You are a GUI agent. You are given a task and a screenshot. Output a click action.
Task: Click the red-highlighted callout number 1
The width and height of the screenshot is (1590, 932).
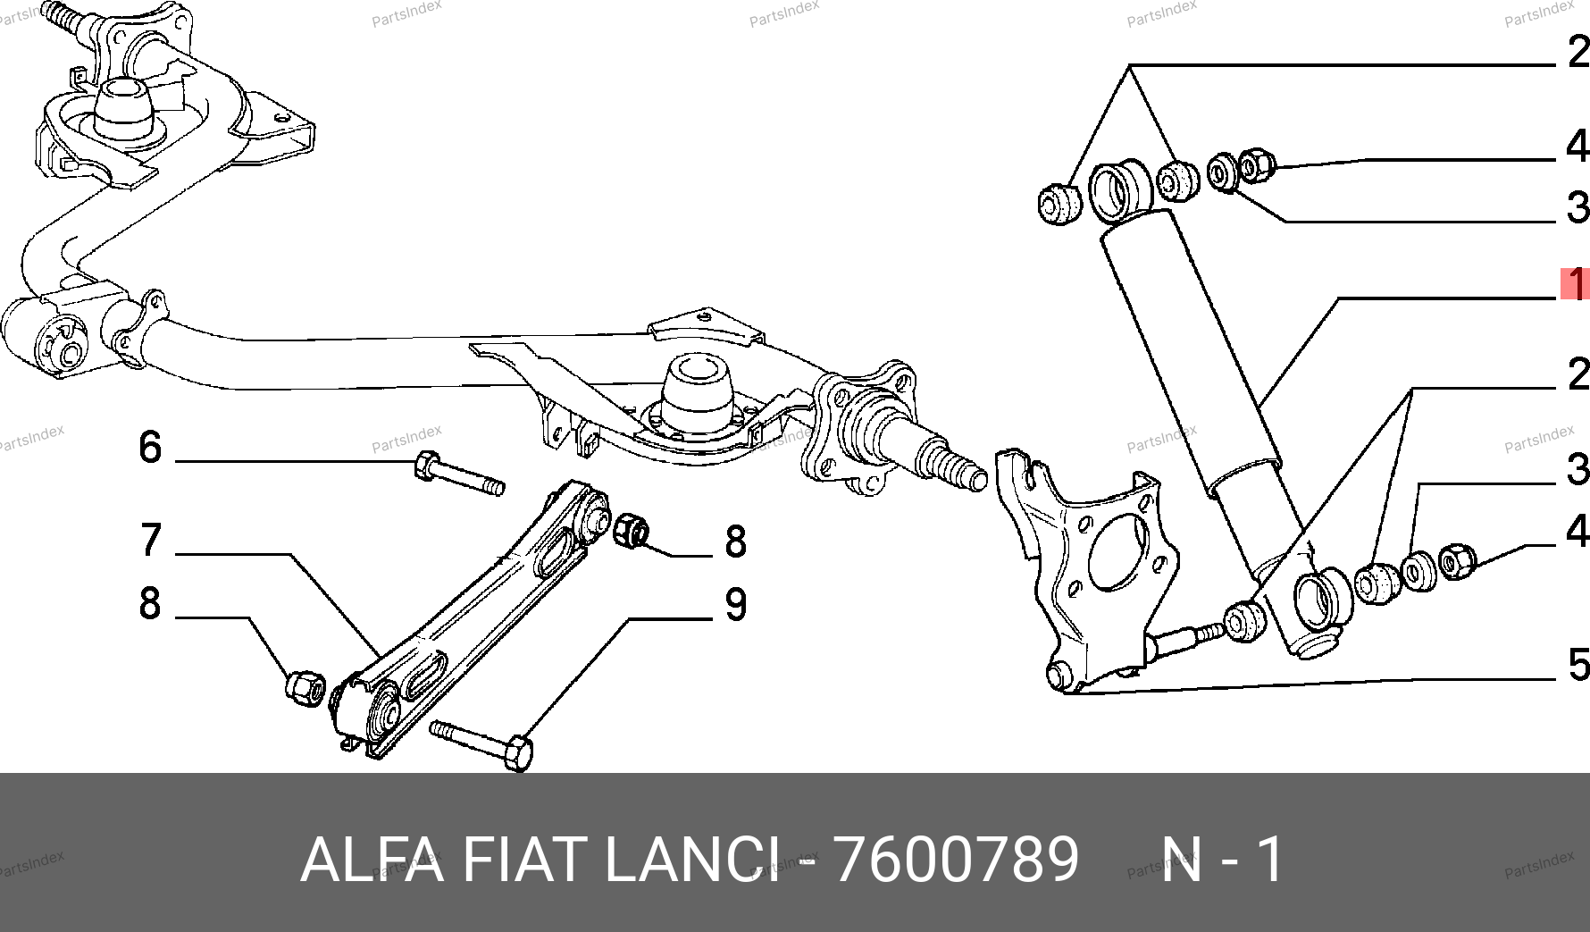pyautogui.click(x=1575, y=283)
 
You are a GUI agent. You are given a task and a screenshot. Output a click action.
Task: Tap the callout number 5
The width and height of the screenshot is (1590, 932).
pyautogui.click(x=1578, y=664)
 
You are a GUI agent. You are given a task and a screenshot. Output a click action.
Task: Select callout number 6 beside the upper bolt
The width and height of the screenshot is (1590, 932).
pyautogui.click(x=150, y=447)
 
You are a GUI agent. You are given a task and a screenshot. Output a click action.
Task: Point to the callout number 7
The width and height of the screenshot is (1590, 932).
pyautogui.click(x=151, y=540)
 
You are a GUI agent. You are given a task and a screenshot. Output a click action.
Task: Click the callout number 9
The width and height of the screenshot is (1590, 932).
pyautogui.click(x=735, y=604)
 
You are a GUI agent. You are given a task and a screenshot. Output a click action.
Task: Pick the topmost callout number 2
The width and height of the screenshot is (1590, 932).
pyautogui.click(x=1578, y=51)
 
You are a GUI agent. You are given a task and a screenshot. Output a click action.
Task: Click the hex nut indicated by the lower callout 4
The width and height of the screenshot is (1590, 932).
pyautogui.click(x=1456, y=560)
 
